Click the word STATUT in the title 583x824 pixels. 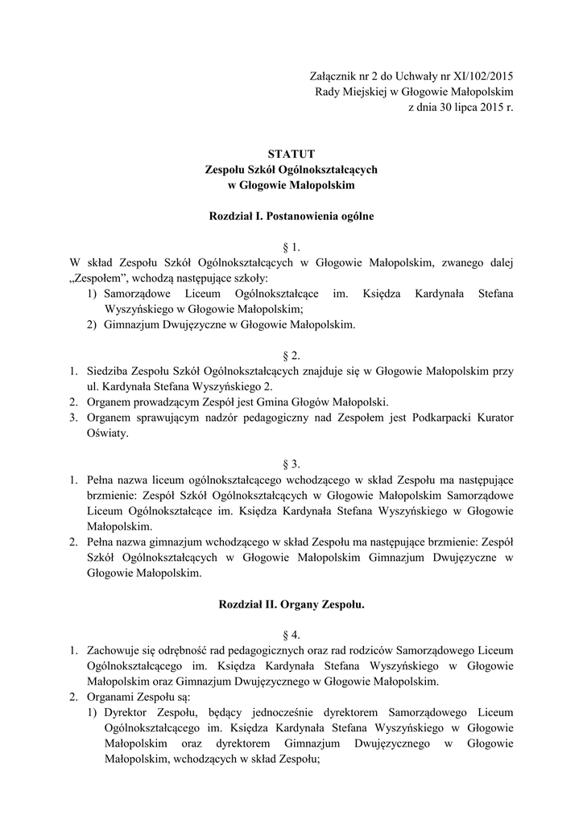[x=291, y=154]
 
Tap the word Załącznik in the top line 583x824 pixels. [x=333, y=76]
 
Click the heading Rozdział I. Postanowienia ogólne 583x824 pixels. [x=291, y=216]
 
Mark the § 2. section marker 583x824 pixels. [x=291, y=356]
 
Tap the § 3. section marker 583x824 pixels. [x=291, y=464]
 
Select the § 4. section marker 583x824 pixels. [x=291, y=635]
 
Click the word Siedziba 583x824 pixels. [x=110, y=371]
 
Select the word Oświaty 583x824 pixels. [x=106, y=433]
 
